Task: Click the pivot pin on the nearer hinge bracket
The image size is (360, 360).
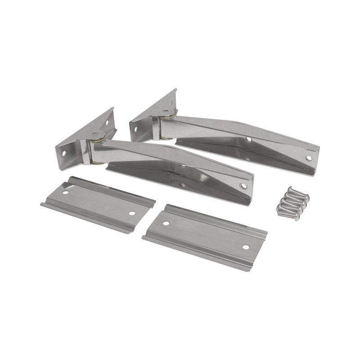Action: (95, 134)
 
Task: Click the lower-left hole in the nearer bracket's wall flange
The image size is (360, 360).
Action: (64, 153)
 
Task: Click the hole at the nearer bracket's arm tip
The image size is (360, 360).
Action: (243, 186)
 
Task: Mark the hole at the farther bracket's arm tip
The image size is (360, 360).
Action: (308, 158)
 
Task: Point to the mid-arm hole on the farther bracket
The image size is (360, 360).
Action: (248, 139)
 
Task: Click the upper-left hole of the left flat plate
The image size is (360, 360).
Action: (66, 192)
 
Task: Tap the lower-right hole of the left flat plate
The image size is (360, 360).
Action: (132, 213)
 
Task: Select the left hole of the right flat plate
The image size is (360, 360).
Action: (166, 223)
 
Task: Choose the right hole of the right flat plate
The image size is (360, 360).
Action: (246, 247)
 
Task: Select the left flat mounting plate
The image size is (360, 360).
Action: (98, 203)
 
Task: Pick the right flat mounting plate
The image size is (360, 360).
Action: (205, 236)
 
